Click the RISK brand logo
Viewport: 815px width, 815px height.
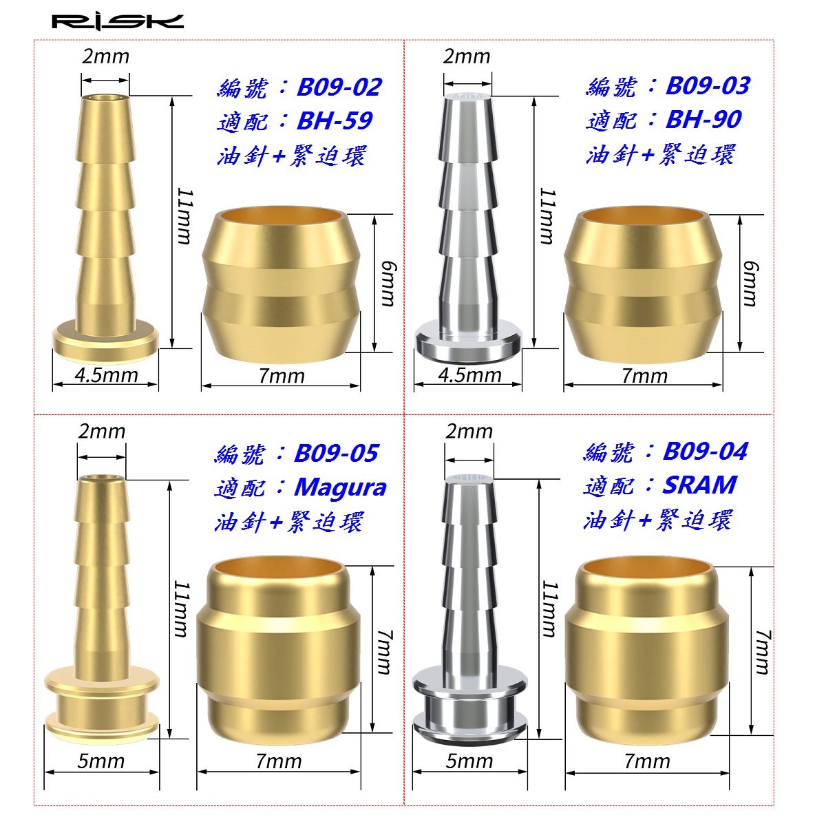(x=118, y=22)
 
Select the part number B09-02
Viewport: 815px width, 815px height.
(x=339, y=87)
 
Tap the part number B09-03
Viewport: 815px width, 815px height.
(x=708, y=86)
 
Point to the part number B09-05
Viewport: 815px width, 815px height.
(x=337, y=453)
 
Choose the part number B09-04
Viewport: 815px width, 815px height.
(x=706, y=451)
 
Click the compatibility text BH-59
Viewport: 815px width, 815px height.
(x=335, y=121)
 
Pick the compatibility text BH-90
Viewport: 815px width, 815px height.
(x=703, y=120)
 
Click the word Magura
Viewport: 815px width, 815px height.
(x=341, y=488)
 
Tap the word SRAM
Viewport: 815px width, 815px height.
(x=700, y=485)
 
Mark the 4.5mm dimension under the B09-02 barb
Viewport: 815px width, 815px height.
(x=107, y=374)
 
